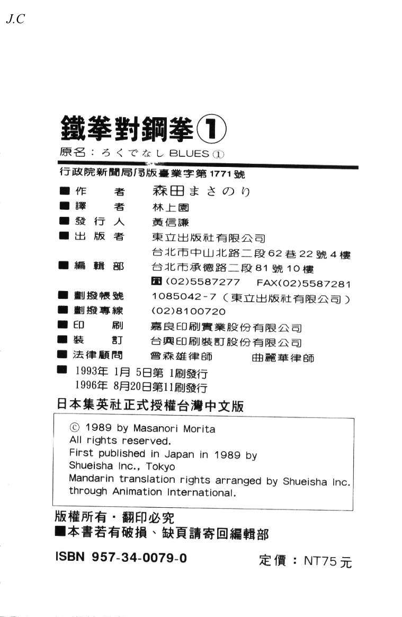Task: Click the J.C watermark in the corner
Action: click(x=15, y=20)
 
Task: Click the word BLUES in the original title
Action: click(x=189, y=154)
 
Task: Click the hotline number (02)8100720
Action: click(x=189, y=312)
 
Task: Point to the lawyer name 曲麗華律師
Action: click(x=283, y=358)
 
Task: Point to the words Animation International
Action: click(x=173, y=492)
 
